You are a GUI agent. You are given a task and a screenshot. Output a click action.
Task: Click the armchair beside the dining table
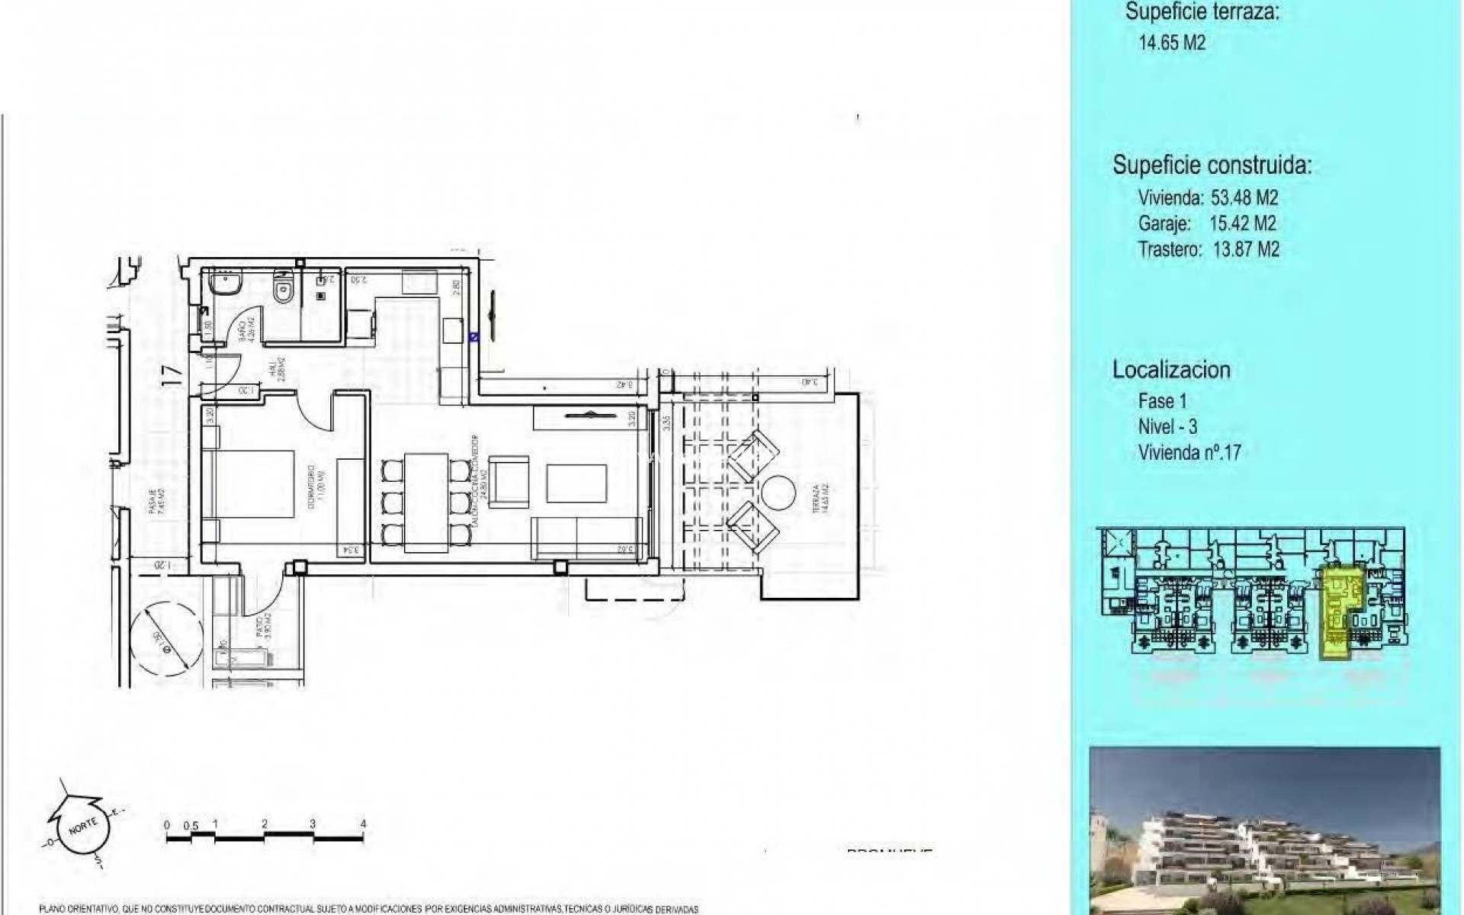coord(507,481)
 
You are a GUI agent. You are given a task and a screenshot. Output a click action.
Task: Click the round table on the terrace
coord(779,496)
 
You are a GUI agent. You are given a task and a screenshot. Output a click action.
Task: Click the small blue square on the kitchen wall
coord(474,335)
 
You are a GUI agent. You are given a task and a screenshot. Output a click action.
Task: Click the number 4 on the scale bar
coord(363,824)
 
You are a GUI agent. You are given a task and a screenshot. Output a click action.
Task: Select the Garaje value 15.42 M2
coord(1242,223)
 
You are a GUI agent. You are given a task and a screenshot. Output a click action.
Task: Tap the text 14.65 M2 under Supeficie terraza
coord(1172,43)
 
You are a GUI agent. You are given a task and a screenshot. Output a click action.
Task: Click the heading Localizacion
coord(1171,370)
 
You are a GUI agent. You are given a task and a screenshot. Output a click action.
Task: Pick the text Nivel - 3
coord(1167,426)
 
